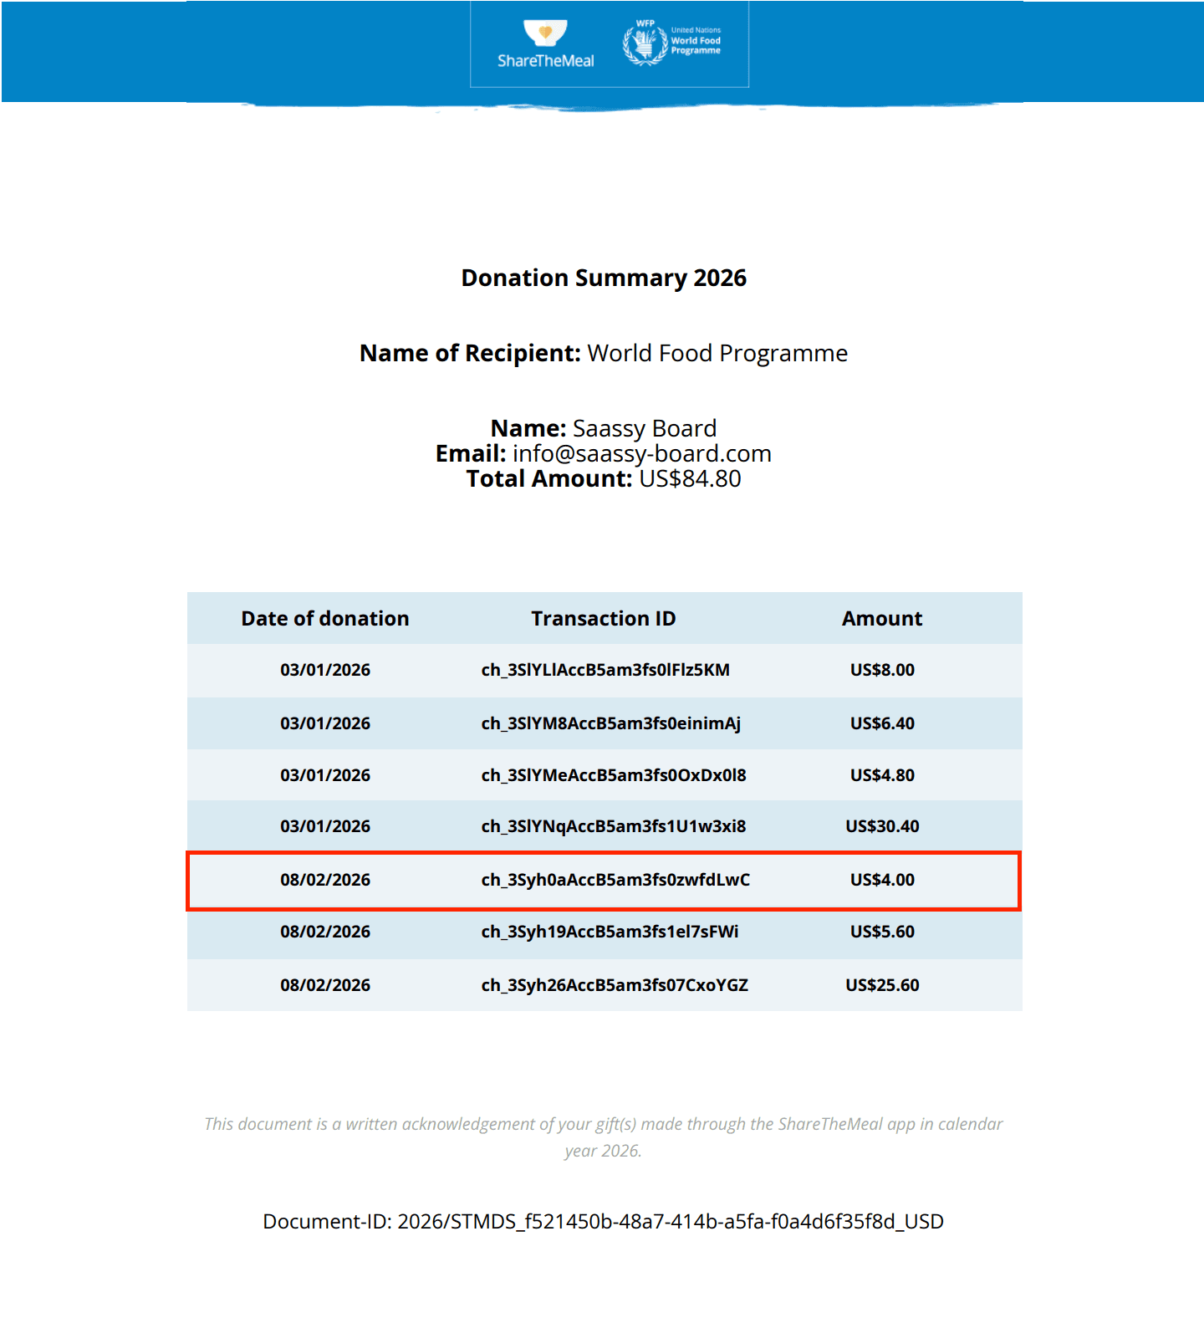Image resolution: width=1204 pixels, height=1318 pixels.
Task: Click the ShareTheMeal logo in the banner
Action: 545,43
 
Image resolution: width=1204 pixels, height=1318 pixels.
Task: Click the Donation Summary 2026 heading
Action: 604,278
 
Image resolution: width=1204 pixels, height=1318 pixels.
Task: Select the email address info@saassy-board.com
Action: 641,453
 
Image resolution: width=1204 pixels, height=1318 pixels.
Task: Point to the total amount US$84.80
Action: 690,478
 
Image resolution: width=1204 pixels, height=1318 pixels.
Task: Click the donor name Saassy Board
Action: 644,428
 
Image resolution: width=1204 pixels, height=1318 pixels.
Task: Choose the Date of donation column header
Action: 325,618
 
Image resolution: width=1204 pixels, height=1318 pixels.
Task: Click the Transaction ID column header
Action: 603,618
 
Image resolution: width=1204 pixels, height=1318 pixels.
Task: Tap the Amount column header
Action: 881,618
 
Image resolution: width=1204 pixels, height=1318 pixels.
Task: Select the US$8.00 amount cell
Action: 882,670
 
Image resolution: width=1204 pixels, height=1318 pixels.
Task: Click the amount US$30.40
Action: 882,826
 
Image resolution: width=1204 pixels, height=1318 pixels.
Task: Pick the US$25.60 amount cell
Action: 882,985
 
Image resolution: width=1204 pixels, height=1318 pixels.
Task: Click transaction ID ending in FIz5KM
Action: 605,670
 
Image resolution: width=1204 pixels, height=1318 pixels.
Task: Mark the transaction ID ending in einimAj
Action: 610,723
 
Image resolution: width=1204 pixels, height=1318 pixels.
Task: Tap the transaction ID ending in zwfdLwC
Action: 615,880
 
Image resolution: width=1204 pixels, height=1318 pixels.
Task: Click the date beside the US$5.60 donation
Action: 325,932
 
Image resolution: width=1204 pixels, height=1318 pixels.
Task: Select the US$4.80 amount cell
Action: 882,775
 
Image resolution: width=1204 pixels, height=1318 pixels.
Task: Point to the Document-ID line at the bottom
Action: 603,1221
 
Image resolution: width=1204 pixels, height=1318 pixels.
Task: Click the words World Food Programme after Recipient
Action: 717,353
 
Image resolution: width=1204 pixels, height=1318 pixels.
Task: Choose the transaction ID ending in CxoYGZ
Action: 615,985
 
